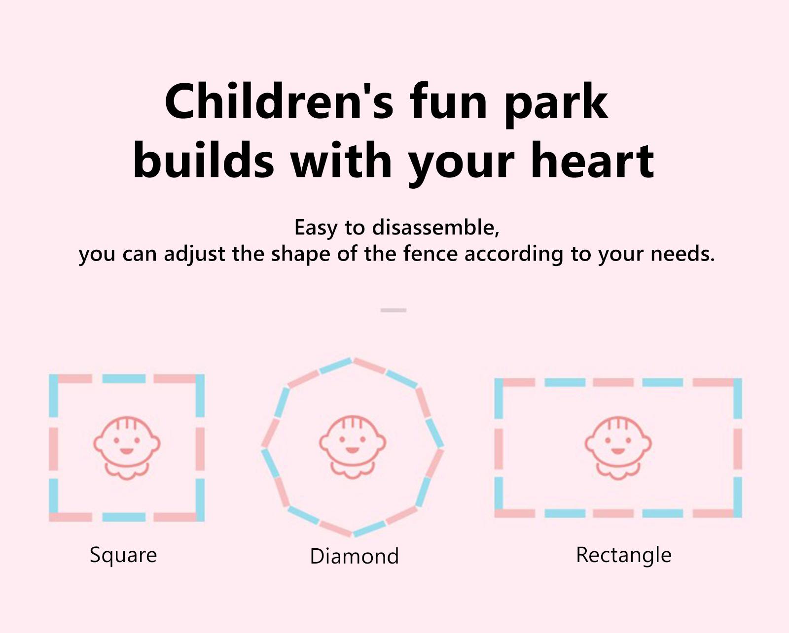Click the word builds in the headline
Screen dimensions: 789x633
point(204,161)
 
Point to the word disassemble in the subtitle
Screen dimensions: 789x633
point(435,228)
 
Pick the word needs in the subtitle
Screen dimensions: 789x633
point(682,254)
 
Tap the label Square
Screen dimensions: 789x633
point(123,555)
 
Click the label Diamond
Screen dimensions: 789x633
point(354,556)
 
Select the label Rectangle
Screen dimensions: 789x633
point(624,555)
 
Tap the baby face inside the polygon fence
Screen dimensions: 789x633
point(352,447)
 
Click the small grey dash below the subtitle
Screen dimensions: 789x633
point(394,310)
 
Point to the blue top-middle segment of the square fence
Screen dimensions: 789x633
point(124,378)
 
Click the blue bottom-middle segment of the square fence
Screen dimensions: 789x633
point(124,517)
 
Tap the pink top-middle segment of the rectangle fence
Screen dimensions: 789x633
point(613,382)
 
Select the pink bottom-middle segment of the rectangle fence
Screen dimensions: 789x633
point(613,513)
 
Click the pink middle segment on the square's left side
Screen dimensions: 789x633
point(54,448)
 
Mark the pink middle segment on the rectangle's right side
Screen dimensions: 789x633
point(738,449)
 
